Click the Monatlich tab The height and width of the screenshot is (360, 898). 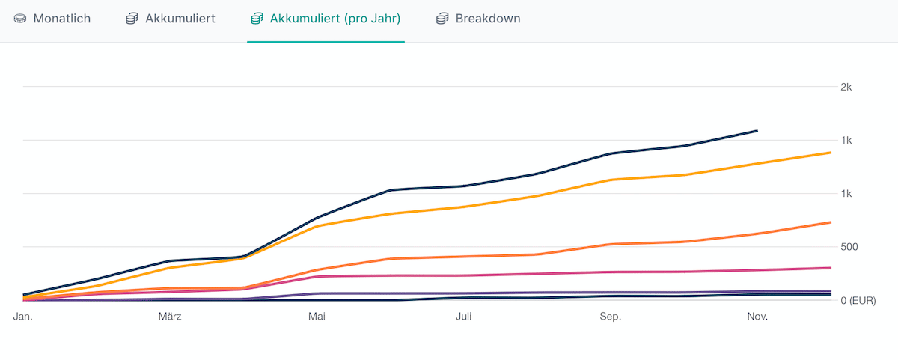click(61, 19)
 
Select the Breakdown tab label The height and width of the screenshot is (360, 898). click(487, 19)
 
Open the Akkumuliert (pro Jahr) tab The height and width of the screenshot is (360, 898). click(335, 19)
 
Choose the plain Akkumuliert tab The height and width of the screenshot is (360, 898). click(180, 19)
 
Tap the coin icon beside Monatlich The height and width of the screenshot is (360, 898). click(20, 19)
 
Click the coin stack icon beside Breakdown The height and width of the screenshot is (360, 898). click(442, 19)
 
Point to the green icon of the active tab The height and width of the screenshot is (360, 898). click(257, 19)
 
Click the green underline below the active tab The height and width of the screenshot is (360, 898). click(326, 41)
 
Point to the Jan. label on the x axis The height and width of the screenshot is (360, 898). click(24, 317)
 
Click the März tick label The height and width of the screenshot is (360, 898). click(170, 317)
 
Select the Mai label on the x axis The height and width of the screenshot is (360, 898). click(317, 317)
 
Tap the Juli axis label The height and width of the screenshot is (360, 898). click(463, 317)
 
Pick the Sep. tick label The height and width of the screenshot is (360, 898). click(611, 317)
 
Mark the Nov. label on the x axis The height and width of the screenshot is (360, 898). click(757, 317)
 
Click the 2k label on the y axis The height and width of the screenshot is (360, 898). click(846, 87)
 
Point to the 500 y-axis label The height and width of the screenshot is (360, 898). click(849, 247)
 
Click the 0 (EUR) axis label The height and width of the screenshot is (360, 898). click(858, 300)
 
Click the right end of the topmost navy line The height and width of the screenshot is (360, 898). click(757, 131)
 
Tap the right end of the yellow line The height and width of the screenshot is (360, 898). click(831, 153)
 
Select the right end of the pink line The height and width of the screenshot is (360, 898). click(831, 268)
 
